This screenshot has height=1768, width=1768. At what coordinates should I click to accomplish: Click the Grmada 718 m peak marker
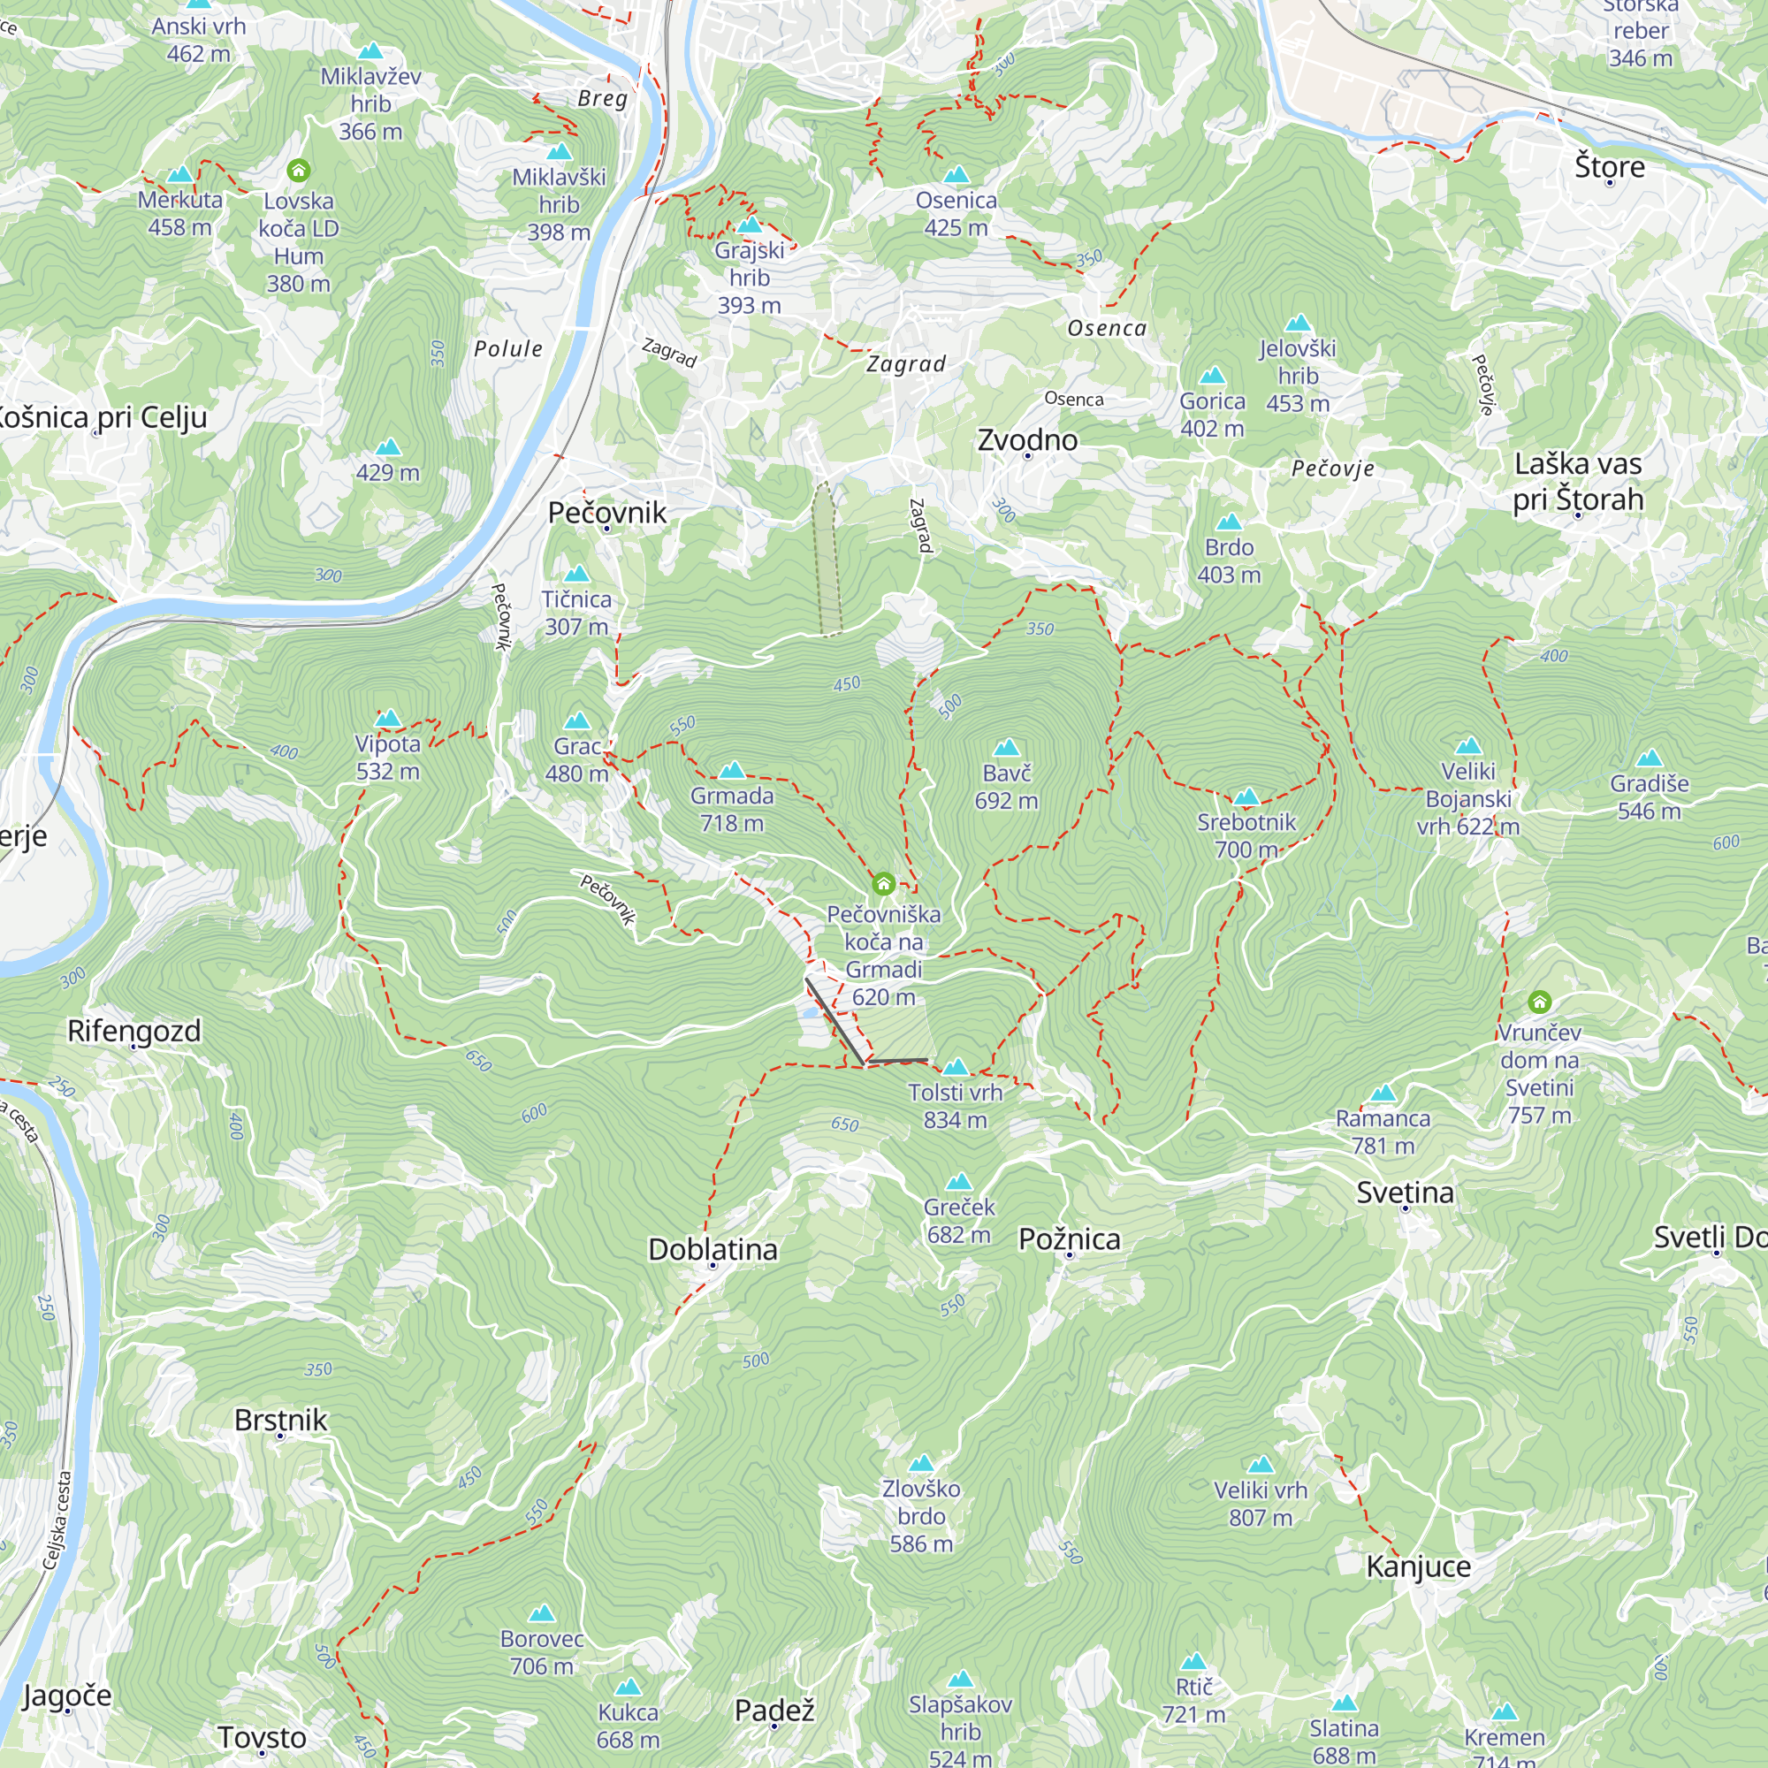tap(731, 771)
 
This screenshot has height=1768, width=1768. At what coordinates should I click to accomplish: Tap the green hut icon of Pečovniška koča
tap(883, 884)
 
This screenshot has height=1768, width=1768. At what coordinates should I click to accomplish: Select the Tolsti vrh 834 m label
tap(956, 1106)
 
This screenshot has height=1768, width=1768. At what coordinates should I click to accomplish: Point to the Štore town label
tap(1609, 166)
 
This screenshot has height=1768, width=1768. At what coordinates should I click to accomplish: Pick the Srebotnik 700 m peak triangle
tap(1246, 797)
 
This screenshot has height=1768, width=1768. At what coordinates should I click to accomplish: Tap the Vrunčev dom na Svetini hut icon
tap(1539, 1002)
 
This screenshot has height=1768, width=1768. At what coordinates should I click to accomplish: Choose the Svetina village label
tap(1405, 1193)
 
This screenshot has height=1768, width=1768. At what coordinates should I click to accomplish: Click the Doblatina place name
tap(712, 1249)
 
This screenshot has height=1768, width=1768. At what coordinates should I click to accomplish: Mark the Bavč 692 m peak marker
tap(1006, 748)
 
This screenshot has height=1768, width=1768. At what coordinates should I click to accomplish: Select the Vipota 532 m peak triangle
tap(388, 719)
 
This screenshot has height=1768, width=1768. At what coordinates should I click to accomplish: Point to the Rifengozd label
tap(133, 1031)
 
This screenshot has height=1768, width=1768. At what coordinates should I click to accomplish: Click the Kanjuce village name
tap(1418, 1566)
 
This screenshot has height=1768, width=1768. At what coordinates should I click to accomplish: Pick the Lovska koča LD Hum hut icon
tap(298, 171)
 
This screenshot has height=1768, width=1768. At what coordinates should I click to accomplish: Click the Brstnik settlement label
tap(280, 1420)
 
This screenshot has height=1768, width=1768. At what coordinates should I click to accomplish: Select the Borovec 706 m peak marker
tap(542, 1613)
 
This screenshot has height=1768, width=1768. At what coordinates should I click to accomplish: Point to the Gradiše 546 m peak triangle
tap(1649, 758)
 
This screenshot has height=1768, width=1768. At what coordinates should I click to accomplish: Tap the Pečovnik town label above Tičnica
tap(606, 513)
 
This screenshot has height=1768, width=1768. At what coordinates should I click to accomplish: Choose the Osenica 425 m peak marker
tap(956, 175)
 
